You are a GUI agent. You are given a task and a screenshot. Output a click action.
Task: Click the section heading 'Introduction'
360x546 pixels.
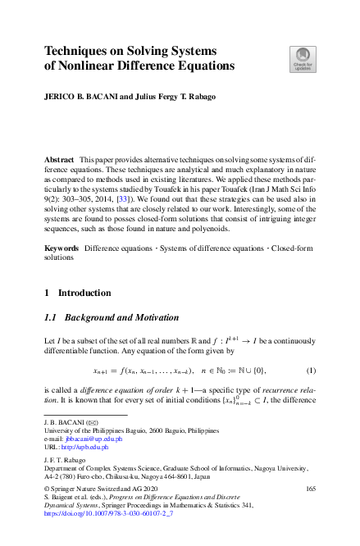tap(88, 293)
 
